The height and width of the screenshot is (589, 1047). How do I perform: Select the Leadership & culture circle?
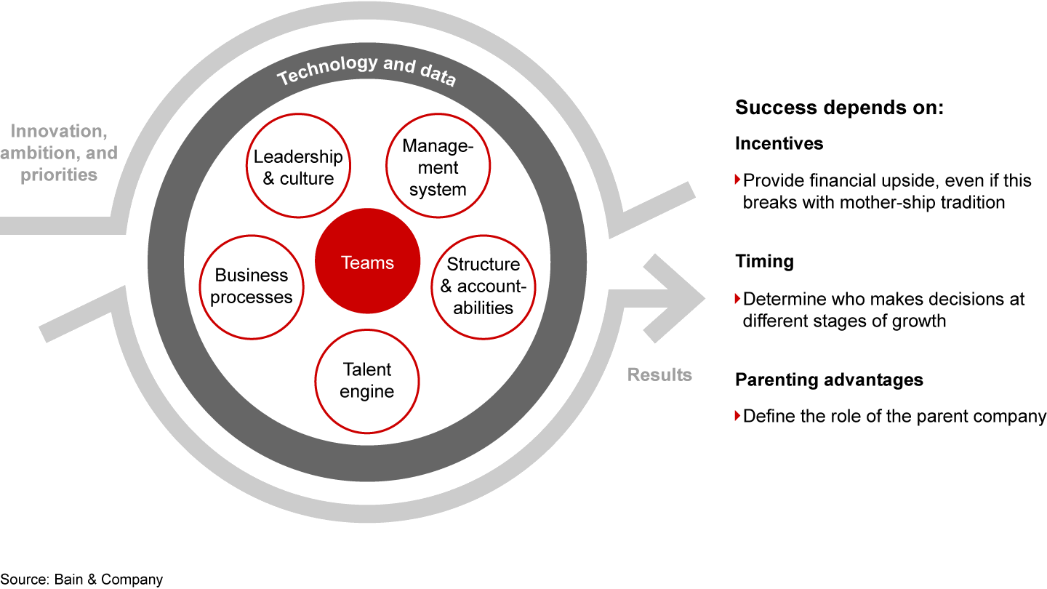click(297, 168)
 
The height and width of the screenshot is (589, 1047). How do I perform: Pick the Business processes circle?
click(252, 287)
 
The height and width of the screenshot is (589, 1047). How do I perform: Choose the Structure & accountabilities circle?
click(484, 286)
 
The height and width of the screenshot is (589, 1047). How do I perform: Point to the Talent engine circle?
click(367, 380)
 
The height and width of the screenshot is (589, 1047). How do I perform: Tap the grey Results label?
click(659, 375)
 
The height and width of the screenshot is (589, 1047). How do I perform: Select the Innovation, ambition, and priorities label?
click(64, 153)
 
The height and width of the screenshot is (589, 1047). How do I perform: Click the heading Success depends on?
click(839, 108)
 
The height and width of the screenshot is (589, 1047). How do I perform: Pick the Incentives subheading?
click(779, 143)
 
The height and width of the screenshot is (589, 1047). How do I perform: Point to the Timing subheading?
click(764, 262)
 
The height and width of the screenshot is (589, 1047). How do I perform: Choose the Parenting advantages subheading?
click(829, 380)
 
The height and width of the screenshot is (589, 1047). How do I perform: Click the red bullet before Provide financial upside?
click(738, 180)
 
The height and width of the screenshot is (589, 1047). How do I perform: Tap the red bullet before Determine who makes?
click(738, 298)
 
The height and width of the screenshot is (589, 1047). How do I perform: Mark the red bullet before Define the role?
click(738, 417)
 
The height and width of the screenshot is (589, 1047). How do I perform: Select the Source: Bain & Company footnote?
click(82, 580)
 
